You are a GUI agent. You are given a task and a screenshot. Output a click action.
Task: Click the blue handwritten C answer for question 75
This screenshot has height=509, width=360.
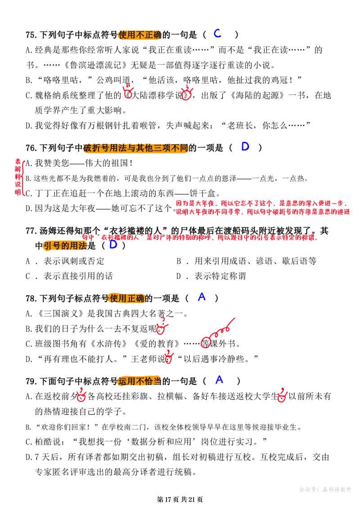[217, 33]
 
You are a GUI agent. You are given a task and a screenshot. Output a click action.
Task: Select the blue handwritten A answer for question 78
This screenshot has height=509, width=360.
[202, 297]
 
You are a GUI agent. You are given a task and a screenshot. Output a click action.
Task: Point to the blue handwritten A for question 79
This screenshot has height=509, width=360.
[220, 379]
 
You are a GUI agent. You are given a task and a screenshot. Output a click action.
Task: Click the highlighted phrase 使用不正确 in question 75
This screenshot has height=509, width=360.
[140, 34]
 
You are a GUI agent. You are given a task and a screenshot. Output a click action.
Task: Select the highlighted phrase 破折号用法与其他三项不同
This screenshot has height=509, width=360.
[136, 148]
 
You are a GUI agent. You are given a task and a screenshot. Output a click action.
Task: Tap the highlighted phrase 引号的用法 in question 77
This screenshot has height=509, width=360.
[65, 246]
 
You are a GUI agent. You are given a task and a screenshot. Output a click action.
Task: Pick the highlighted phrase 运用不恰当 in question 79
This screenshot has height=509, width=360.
[140, 381]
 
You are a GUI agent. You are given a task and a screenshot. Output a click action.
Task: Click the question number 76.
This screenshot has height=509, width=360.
[31, 148]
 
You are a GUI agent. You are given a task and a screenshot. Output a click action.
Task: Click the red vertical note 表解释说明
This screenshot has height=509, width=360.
[18, 176]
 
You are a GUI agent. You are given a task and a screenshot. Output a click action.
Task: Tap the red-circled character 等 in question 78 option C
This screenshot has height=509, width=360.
[206, 343]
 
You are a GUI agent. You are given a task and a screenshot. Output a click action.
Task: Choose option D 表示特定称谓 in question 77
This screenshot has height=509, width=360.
[211, 276]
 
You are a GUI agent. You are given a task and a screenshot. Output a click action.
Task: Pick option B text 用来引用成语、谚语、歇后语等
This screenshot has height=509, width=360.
[247, 261]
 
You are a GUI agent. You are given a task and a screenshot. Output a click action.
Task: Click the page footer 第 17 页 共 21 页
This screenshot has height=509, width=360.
[180, 500]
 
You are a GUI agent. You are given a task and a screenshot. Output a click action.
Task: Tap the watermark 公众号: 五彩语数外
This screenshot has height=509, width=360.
[325, 489]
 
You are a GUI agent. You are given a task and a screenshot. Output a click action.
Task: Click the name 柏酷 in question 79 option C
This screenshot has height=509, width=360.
[44, 441]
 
